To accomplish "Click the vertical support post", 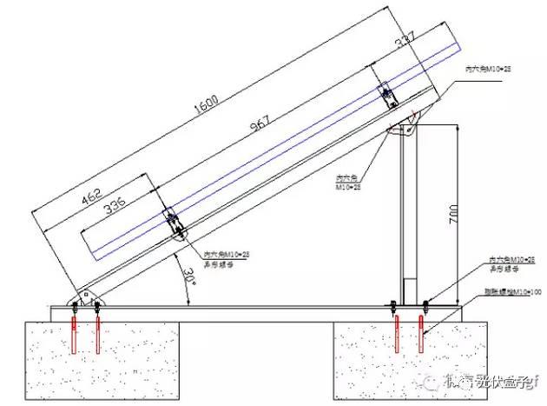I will pyautogui.click(x=405, y=217).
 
